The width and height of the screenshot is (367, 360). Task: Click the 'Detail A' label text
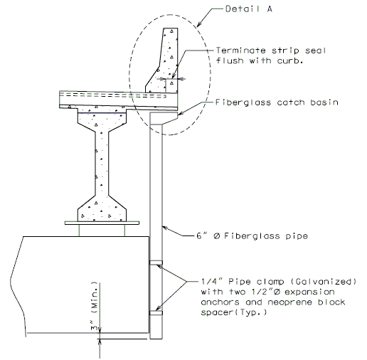tap(249, 9)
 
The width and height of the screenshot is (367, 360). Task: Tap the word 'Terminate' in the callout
tap(240, 51)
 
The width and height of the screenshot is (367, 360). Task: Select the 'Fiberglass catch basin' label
tap(277, 102)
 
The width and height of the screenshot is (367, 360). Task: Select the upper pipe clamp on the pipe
tap(156, 263)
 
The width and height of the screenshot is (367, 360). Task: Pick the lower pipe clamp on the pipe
tap(156, 313)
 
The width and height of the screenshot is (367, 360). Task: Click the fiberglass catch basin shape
tap(164, 118)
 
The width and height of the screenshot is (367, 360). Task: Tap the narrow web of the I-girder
tap(102, 164)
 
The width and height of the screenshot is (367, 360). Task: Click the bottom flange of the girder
tap(102, 211)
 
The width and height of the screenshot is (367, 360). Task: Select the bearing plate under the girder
tap(102, 223)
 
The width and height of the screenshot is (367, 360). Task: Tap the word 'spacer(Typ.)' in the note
tap(234, 312)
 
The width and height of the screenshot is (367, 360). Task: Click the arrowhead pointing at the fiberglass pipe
tap(165, 228)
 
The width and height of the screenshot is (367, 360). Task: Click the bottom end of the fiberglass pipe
tap(156, 339)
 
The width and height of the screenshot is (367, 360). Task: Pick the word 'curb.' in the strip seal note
tap(290, 60)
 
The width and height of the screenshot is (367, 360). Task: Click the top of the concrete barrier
tap(171, 28)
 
